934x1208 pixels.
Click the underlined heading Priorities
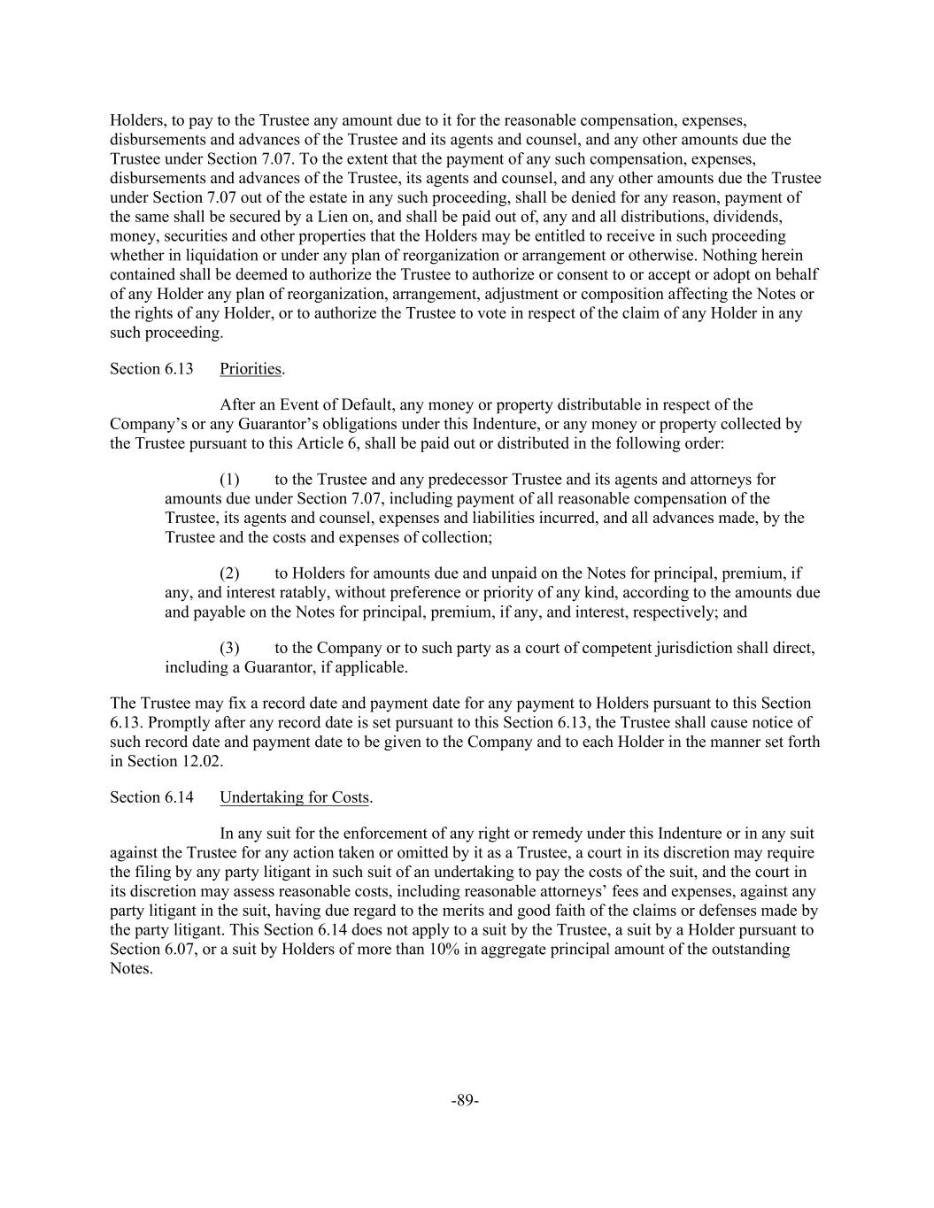click(251, 369)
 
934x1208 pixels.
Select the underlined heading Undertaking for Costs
click(294, 797)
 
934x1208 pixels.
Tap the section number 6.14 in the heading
click(179, 797)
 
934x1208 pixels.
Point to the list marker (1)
click(229, 480)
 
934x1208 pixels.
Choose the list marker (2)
click(229, 573)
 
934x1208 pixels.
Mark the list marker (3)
click(229, 648)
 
